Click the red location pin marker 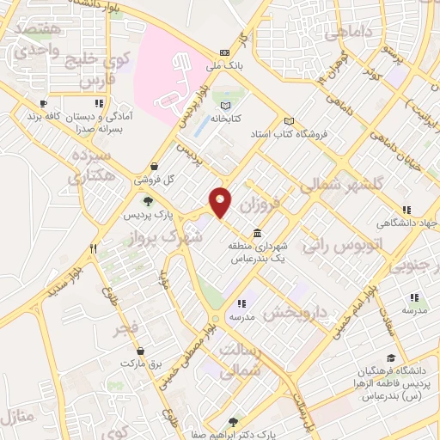(x=221, y=202)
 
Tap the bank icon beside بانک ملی (x=225, y=52)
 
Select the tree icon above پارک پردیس (x=148, y=201)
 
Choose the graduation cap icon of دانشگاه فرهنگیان (x=391, y=357)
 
